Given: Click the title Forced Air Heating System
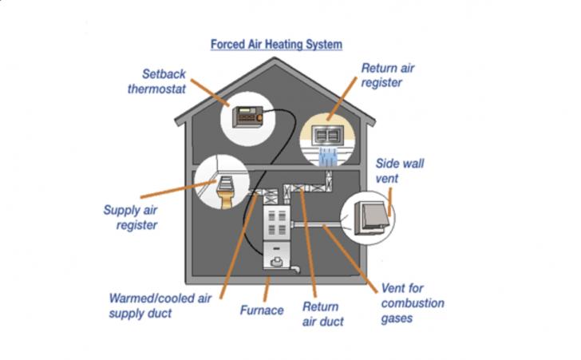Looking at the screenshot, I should pyautogui.click(x=276, y=45).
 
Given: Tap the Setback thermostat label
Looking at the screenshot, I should pyautogui.click(x=157, y=81).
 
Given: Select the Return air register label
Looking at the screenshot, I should pyautogui.click(x=388, y=75).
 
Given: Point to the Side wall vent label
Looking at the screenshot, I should pyautogui.click(x=399, y=171).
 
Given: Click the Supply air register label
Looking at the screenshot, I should pyautogui.click(x=130, y=218).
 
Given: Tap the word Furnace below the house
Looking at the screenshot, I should pyautogui.click(x=261, y=310).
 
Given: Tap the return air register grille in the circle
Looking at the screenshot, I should pyautogui.click(x=330, y=134).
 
